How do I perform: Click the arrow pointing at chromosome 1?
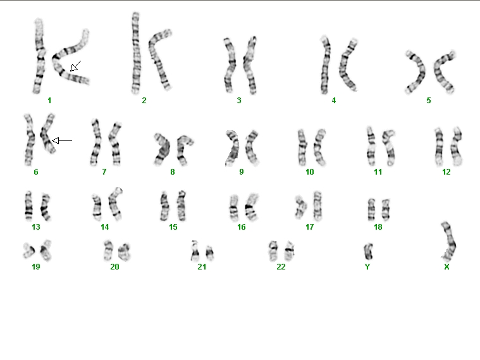[x=76, y=66]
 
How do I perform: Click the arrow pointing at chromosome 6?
[x=62, y=140]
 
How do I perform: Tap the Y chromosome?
[x=368, y=252]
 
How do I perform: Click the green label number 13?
[x=36, y=227]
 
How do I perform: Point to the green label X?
[x=446, y=267]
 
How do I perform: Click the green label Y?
[x=367, y=267]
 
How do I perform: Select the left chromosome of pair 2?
[x=135, y=53]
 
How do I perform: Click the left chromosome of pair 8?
[x=163, y=149]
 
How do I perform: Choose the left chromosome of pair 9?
[x=233, y=149]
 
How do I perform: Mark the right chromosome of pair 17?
[x=317, y=206]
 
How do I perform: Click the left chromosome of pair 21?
[x=195, y=251]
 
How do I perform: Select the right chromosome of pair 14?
[x=115, y=204]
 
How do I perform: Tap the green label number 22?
[x=281, y=267]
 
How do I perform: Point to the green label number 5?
[x=429, y=101]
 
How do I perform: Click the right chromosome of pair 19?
[x=46, y=251]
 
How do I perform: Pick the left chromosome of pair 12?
[x=440, y=146]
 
